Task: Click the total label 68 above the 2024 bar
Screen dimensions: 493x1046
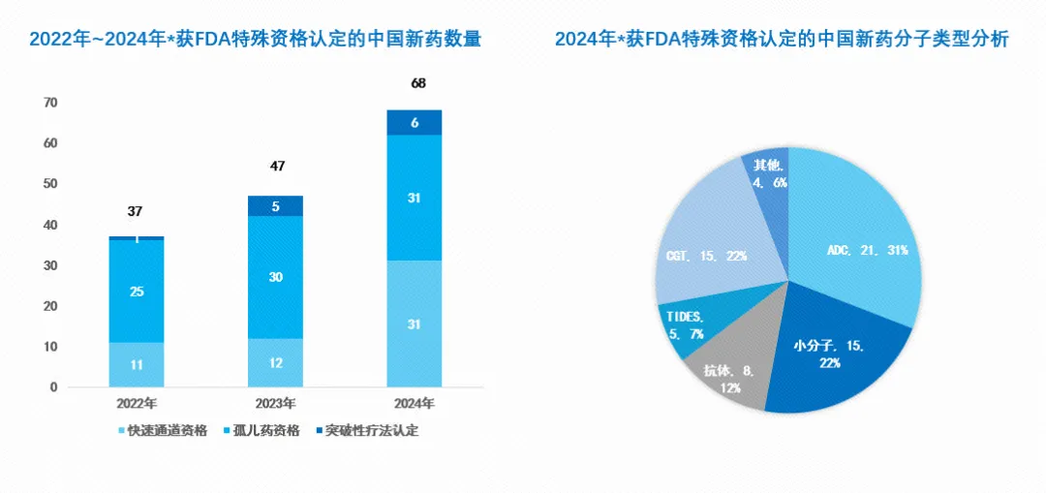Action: (x=417, y=83)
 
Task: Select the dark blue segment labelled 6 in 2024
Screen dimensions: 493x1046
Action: (x=415, y=123)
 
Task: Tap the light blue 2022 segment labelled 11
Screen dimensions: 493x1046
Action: (x=137, y=365)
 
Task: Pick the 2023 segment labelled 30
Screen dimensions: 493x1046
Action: (x=276, y=276)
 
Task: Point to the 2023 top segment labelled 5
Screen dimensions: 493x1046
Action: (x=276, y=206)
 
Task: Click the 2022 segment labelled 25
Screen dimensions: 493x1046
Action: (x=137, y=291)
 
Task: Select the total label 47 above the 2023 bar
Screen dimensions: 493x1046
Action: (x=277, y=167)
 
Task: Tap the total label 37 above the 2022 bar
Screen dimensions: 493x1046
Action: (x=137, y=211)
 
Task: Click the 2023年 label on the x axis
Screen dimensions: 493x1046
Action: (x=276, y=403)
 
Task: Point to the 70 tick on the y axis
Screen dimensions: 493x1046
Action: (x=50, y=103)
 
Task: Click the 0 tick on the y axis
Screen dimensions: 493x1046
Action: (x=54, y=387)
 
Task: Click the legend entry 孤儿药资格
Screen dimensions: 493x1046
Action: (x=265, y=430)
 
